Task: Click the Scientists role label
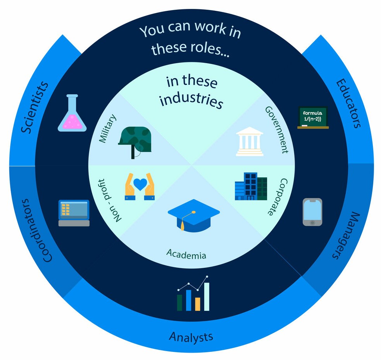[x=34, y=107]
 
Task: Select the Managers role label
[x=347, y=236]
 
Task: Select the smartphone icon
[x=312, y=212]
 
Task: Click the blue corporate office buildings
[x=251, y=186]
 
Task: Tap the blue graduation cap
[x=193, y=215]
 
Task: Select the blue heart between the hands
[x=140, y=184]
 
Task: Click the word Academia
[x=186, y=254]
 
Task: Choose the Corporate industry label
[x=278, y=197]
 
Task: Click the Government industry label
[x=277, y=130]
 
